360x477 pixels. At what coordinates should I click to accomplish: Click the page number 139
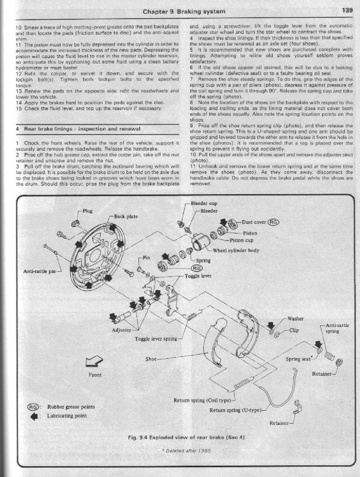tap(348, 10)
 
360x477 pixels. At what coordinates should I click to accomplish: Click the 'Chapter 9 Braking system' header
tap(184, 10)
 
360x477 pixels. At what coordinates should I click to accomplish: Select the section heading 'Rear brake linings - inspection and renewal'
tap(79, 129)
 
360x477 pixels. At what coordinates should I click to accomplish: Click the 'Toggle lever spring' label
tap(156, 339)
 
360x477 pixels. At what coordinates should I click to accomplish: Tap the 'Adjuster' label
tap(122, 330)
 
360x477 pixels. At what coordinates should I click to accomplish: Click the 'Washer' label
tap(296, 319)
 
